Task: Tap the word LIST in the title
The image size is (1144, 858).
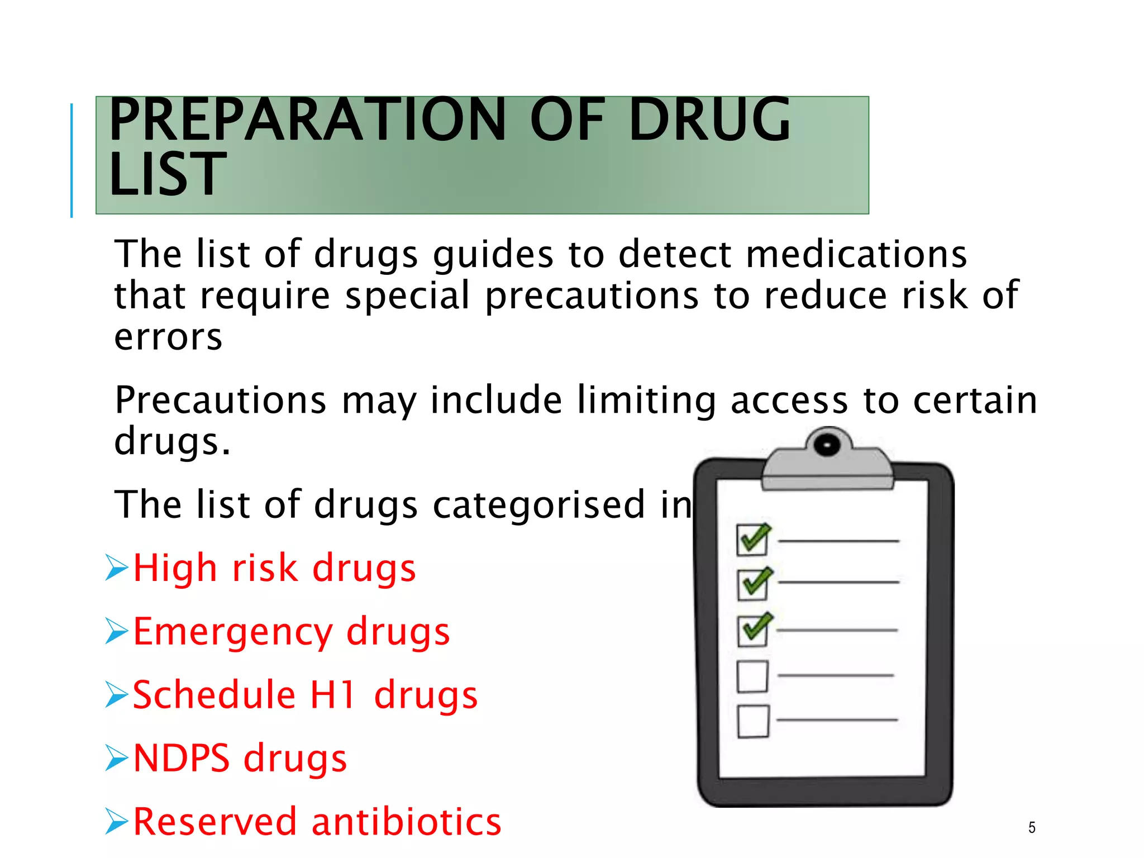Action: coord(168,174)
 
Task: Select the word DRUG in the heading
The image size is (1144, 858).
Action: coord(709,120)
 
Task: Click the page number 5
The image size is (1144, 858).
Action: coord(1032,827)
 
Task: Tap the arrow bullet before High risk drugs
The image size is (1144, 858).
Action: coord(117,568)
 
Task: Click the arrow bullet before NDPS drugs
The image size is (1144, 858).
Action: coord(117,758)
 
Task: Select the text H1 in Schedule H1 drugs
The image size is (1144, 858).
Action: coord(333,695)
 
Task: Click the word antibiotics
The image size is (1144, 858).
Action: coord(407,822)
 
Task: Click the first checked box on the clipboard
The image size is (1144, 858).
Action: coord(752,540)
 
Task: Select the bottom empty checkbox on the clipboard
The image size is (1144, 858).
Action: coord(753,721)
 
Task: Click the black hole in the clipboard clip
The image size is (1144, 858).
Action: coord(827,445)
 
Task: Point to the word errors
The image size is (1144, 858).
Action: coord(168,337)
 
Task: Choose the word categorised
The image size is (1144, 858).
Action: coord(539,504)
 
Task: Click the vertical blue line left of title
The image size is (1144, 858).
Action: coord(71,160)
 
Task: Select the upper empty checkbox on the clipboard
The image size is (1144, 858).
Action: coord(752,676)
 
